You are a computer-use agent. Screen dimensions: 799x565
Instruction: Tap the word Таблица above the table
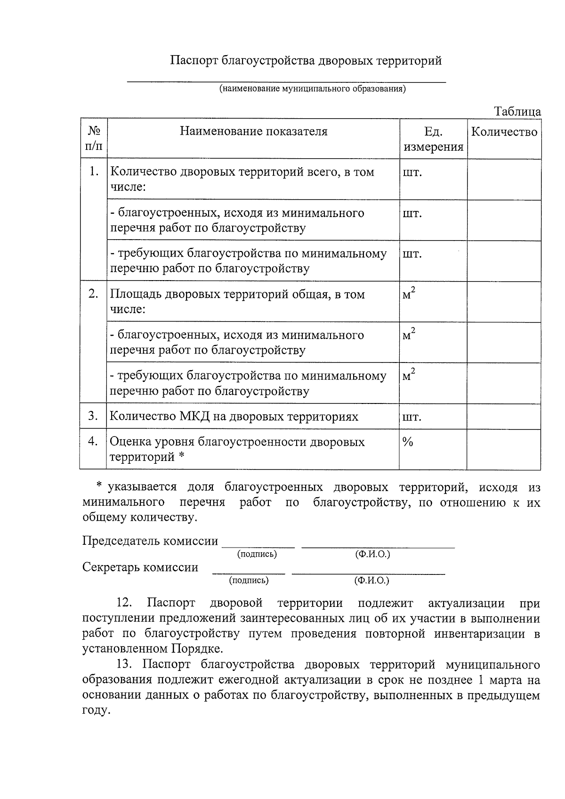click(x=517, y=112)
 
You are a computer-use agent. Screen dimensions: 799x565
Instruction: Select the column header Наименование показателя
click(x=253, y=131)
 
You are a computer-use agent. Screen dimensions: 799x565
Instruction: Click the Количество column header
click(x=504, y=132)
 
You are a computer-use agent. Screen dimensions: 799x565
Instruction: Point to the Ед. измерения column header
click(x=433, y=139)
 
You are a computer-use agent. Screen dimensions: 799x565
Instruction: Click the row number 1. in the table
click(x=94, y=171)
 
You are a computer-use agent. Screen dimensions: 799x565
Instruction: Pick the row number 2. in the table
click(x=94, y=294)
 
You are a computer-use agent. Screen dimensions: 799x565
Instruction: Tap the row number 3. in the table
click(x=93, y=416)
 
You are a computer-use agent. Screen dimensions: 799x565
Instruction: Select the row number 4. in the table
click(x=93, y=441)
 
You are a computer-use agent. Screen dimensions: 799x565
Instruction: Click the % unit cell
click(x=408, y=442)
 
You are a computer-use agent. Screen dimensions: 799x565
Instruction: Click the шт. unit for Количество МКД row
click(x=412, y=417)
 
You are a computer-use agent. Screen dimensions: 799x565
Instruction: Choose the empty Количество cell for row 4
click(x=503, y=449)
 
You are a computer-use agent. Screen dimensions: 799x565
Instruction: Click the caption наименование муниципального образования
click(x=312, y=89)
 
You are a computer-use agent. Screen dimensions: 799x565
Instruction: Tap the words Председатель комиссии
click(x=150, y=541)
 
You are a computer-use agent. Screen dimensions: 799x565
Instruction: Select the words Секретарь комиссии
click(x=140, y=567)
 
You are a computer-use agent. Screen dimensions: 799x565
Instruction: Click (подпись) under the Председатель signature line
click(x=257, y=554)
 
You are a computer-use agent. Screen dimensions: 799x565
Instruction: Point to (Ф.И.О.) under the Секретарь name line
click(x=371, y=581)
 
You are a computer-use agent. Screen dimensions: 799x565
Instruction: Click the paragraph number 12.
click(x=125, y=604)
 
